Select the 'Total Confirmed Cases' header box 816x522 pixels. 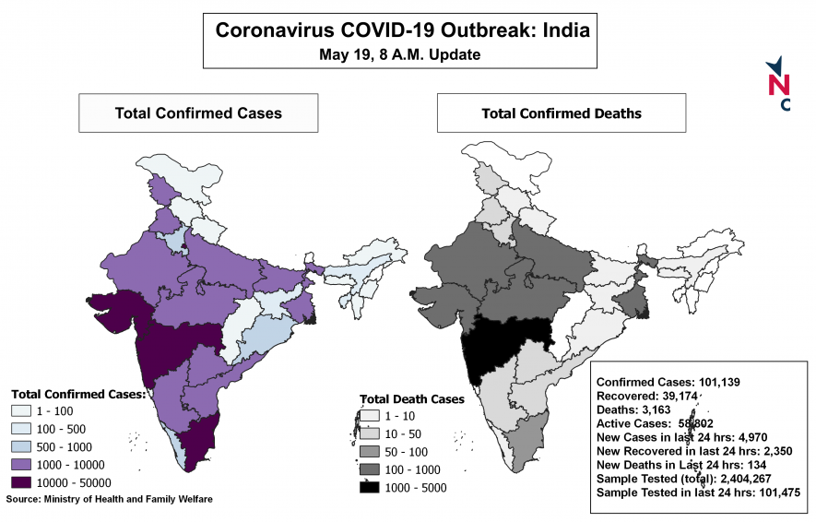pyautogui.click(x=198, y=113)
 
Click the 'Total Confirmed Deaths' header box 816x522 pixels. pyautogui.click(x=562, y=113)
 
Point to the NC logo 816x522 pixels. pyautogui.click(x=779, y=84)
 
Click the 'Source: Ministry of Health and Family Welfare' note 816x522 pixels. pyautogui.click(x=110, y=499)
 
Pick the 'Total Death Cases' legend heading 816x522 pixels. pyautogui.click(x=412, y=399)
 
